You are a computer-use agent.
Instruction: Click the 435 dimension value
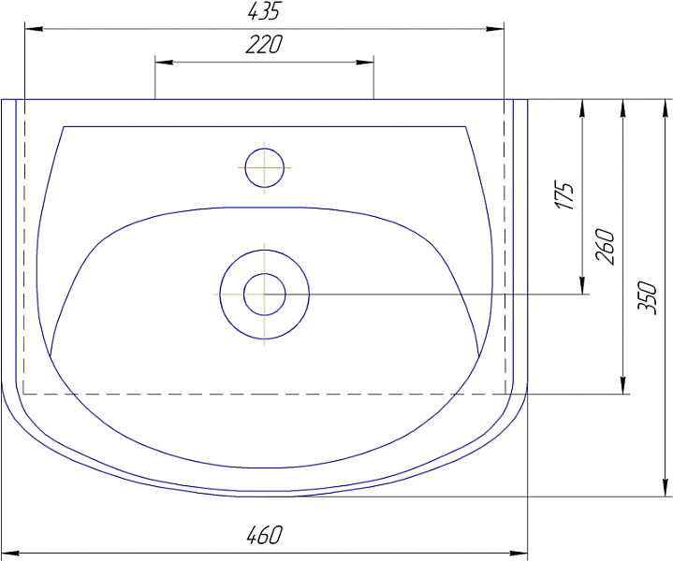click(264, 11)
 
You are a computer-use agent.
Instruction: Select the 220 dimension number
click(264, 44)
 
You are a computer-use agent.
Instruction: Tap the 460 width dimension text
click(265, 535)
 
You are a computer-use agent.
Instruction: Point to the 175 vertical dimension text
click(564, 195)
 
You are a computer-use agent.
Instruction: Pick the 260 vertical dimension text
click(606, 247)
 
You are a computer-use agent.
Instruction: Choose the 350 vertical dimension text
click(647, 297)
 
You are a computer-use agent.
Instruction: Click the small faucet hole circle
click(264, 167)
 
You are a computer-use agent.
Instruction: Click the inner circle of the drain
click(264, 295)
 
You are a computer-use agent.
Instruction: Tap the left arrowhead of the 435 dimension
click(34, 29)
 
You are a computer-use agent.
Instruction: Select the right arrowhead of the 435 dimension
click(495, 29)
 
